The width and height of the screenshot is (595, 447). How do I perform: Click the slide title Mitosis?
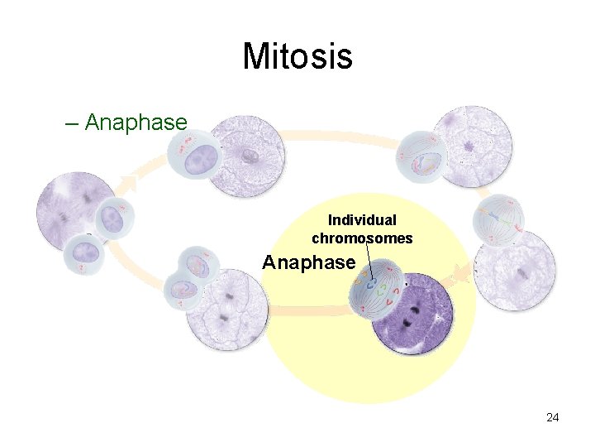click(297, 57)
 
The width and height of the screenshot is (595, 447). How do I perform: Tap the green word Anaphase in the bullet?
click(136, 123)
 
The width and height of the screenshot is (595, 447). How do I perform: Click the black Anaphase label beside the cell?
click(308, 263)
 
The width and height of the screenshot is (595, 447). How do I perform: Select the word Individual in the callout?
click(362, 220)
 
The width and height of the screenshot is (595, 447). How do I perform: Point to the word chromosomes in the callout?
click(362, 238)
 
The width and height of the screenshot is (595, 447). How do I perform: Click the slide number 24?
click(552, 417)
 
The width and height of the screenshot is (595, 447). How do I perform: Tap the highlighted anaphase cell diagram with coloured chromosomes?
click(377, 287)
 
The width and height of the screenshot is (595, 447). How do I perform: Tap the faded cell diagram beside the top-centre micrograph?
click(195, 156)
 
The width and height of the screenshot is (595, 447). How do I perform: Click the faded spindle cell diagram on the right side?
click(498, 219)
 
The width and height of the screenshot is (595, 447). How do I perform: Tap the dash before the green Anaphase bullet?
click(71, 123)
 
